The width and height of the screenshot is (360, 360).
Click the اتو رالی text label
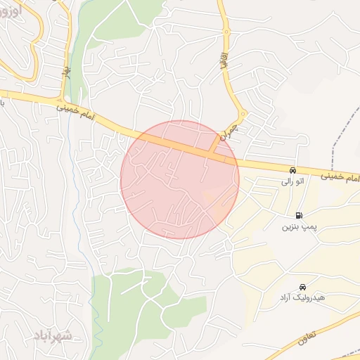(292, 182)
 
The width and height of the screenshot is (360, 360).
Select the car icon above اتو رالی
(292, 171)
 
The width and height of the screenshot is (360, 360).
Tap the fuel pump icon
(300, 215)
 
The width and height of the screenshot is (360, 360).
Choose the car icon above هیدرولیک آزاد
(302, 287)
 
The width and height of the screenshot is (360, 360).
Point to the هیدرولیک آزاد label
(302, 299)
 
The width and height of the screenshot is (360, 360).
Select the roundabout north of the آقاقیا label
(226, 32)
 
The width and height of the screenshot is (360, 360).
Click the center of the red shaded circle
(180, 179)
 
